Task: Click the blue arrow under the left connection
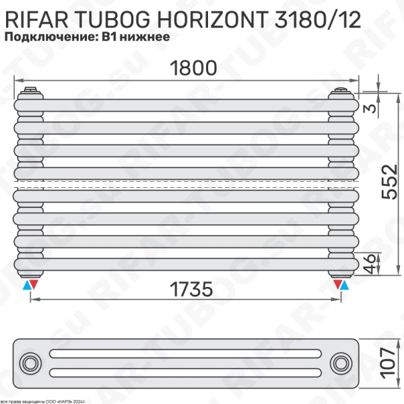(26, 286)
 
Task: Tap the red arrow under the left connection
(35, 286)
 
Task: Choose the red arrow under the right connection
(336, 286)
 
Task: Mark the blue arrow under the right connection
(345, 286)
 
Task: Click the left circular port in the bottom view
(30, 364)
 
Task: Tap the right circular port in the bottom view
(340, 364)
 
